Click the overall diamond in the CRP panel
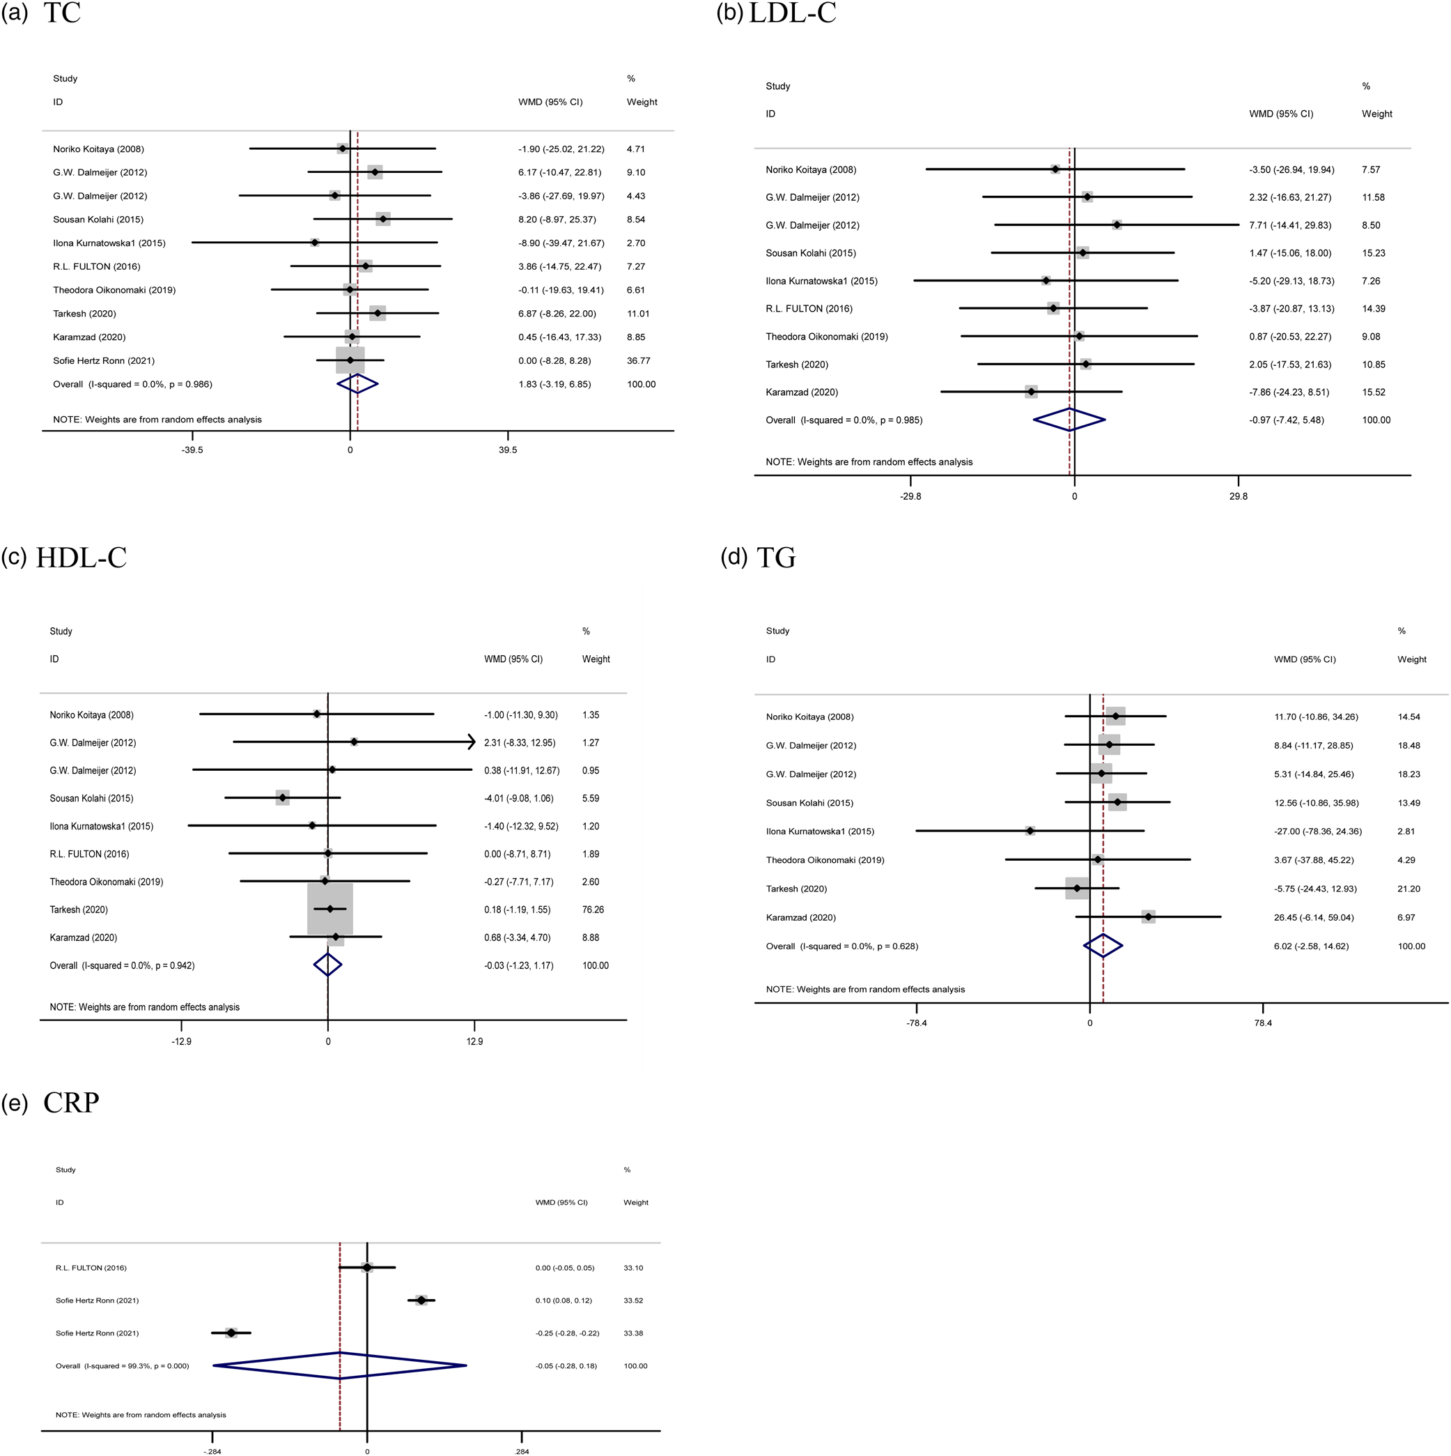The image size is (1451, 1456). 340,1365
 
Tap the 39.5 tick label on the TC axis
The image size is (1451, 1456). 508,450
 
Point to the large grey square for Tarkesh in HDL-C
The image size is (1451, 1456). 330,909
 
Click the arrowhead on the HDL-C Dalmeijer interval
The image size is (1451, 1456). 472,742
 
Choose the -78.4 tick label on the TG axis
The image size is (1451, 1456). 916,1022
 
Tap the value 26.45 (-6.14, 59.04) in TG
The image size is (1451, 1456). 1314,917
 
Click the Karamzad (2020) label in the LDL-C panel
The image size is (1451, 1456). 802,392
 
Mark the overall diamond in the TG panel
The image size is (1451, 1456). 1103,946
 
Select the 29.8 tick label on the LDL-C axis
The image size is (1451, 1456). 1238,497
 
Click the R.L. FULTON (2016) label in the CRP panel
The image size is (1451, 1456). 91,1268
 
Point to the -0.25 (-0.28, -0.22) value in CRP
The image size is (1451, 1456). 567,1333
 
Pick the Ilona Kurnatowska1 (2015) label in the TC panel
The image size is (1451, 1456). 109,243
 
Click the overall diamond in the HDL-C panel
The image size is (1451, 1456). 327,965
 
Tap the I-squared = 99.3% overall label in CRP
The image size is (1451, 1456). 122,1365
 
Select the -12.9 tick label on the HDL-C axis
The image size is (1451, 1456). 182,1041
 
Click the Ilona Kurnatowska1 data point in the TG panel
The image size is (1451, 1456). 1030,832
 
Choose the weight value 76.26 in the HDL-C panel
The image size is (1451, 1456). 593,910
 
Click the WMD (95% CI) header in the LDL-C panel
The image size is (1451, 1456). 1281,114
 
